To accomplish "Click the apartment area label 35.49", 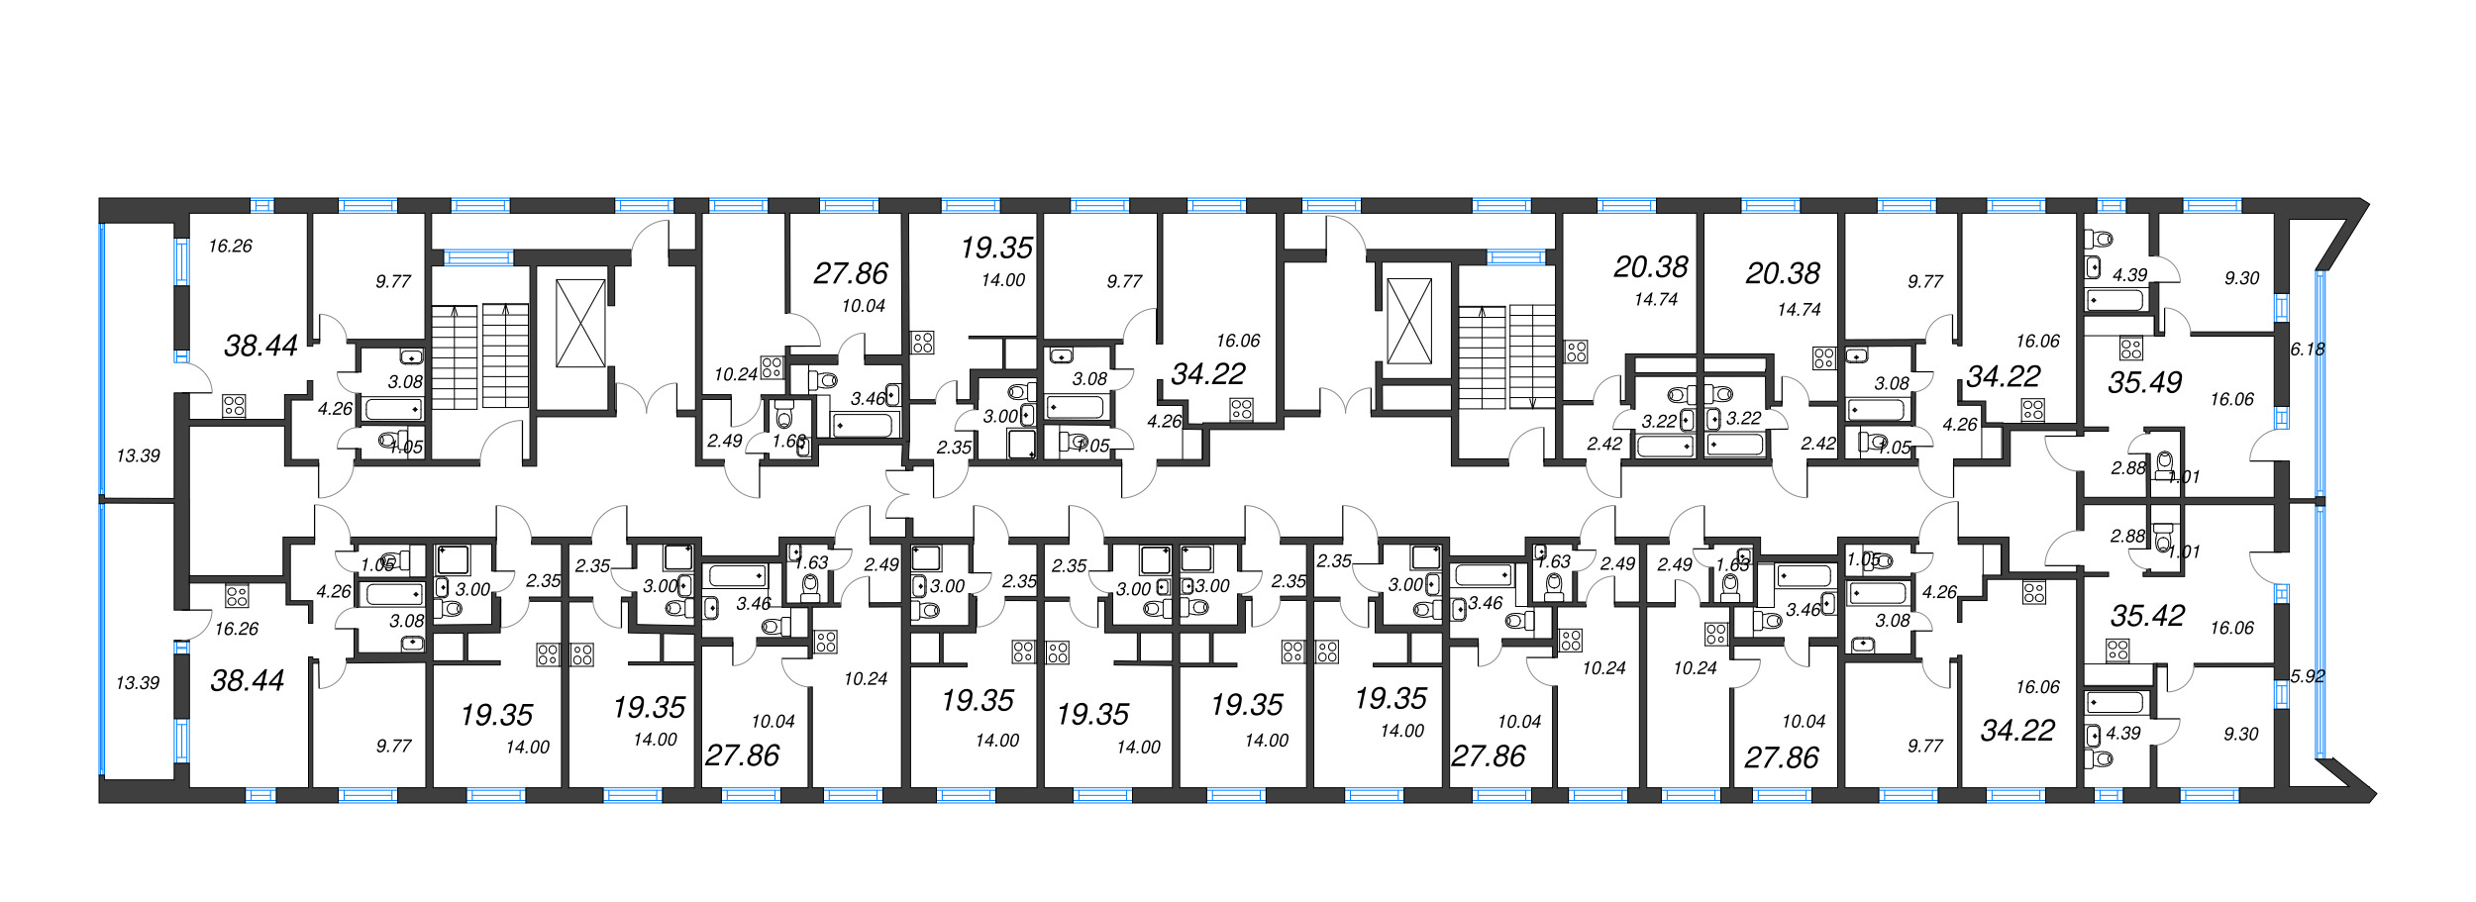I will pyautogui.click(x=2144, y=382).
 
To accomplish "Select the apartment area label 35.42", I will pyautogui.click(x=2147, y=616).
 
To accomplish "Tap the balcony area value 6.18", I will pyautogui.click(x=2307, y=349).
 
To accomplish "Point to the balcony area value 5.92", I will pyautogui.click(x=2307, y=676).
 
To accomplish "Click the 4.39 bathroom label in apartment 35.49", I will pyautogui.click(x=2129, y=275).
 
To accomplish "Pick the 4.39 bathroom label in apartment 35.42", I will pyautogui.click(x=2122, y=734).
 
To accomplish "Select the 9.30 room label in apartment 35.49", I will pyautogui.click(x=2241, y=278).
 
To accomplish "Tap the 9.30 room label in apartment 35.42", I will pyautogui.click(x=2240, y=734).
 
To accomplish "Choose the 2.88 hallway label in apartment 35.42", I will pyautogui.click(x=2127, y=536).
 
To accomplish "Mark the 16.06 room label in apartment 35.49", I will pyautogui.click(x=2231, y=399).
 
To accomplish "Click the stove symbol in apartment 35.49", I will pyautogui.click(x=2130, y=349).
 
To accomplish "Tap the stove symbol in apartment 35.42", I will pyautogui.click(x=2117, y=651).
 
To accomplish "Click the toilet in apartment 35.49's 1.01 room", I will pyautogui.click(x=2164, y=462).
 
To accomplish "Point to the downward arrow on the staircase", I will pyautogui.click(x=1532, y=401).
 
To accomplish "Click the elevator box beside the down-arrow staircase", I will pyautogui.click(x=1409, y=321).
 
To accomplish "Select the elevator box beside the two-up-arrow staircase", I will pyautogui.click(x=580, y=323).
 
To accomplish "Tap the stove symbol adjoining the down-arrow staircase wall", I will pyautogui.click(x=1576, y=351).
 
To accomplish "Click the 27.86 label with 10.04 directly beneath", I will pyautogui.click(x=851, y=273).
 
